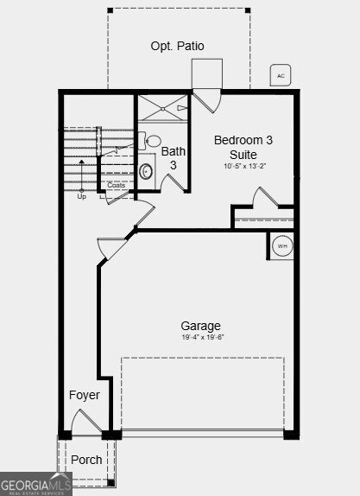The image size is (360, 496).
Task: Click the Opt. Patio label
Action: click(x=177, y=46)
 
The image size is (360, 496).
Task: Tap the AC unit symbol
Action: click(x=280, y=76)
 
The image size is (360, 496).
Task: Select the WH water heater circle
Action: click(x=281, y=246)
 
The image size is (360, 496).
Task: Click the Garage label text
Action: click(x=200, y=326)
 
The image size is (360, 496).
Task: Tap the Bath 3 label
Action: click(x=173, y=158)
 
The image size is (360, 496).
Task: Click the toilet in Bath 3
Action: click(x=146, y=171)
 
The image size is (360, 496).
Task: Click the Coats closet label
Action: click(x=116, y=185)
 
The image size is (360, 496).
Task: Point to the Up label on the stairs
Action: click(x=82, y=196)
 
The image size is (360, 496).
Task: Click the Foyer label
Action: click(x=85, y=395)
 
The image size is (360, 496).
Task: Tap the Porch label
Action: click(x=86, y=460)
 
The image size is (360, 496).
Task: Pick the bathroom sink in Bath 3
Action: click(x=154, y=142)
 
